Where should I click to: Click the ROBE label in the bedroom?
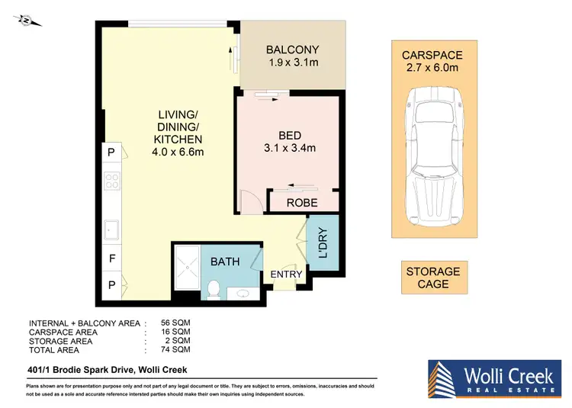(301, 203)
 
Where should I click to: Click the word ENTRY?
(287, 275)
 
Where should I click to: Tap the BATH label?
(225, 262)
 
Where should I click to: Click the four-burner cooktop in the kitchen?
(112, 182)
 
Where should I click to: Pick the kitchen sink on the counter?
(111, 227)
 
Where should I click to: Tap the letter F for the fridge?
(112, 259)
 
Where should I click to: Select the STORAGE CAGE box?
(432, 278)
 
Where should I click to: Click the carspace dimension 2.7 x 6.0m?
(432, 68)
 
